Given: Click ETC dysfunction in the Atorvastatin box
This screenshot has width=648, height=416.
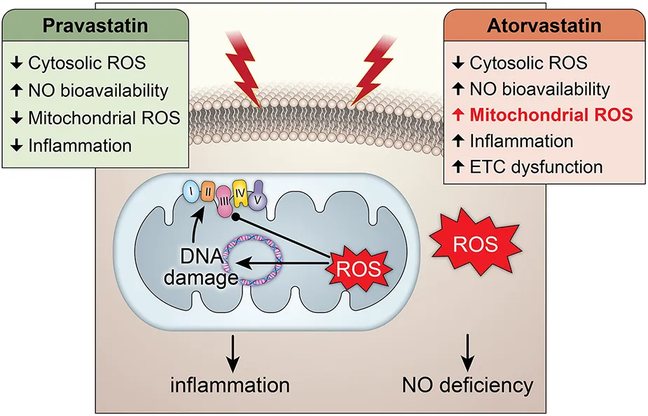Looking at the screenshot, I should pyautogui.click(x=537, y=167).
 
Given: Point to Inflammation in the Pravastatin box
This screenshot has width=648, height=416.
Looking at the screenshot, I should pyautogui.click(x=80, y=146).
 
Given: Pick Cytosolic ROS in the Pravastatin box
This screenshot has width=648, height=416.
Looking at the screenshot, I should pyautogui.click(x=87, y=62).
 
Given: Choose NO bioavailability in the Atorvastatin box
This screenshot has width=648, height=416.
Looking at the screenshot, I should pyautogui.click(x=539, y=89).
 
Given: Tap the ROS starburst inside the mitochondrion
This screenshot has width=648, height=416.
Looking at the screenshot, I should pyautogui.click(x=359, y=267).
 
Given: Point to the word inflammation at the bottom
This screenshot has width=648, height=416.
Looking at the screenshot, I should pyautogui.click(x=231, y=384).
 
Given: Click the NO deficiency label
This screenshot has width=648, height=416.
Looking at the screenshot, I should pyautogui.click(x=467, y=384).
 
